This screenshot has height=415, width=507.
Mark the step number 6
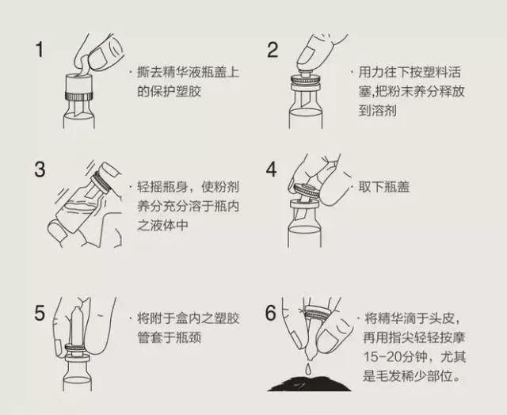tap(272, 314)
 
